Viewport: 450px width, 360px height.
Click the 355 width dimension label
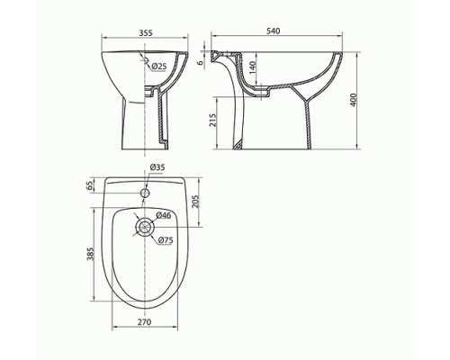[146, 32]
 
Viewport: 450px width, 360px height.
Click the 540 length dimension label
[273, 31]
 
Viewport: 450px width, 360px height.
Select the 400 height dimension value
[354, 100]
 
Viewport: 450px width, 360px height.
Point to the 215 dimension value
[212, 121]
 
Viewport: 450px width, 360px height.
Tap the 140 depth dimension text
[252, 68]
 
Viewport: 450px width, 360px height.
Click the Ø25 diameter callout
[158, 67]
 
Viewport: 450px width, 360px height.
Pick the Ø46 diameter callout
[163, 215]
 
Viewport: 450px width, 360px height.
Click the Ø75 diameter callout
[166, 240]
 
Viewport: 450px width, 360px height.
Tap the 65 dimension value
[90, 185]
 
